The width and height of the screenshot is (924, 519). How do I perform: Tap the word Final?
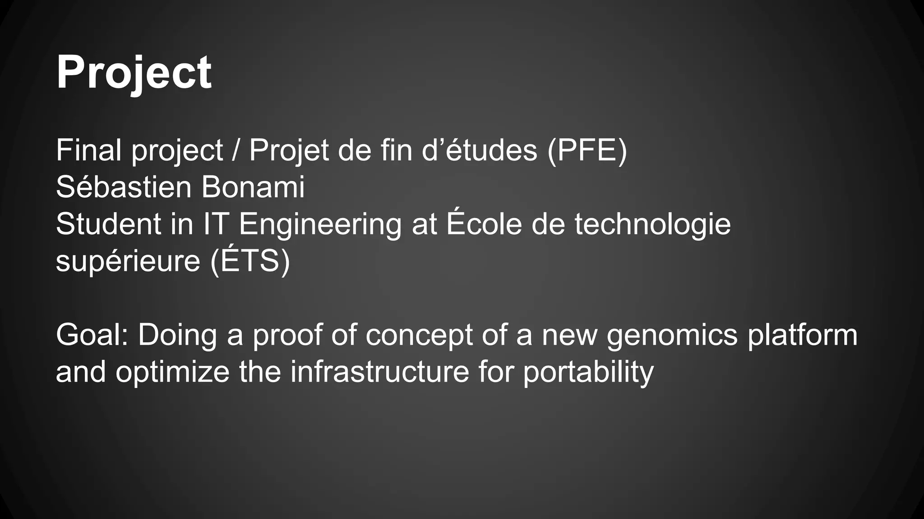(x=88, y=150)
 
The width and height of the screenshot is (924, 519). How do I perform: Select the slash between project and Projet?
(x=236, y=150)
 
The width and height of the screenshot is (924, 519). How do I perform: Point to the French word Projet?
(x=289, y=150)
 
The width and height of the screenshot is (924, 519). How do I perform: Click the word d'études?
(x=480, y=150)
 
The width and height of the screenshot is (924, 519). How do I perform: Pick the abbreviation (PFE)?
(x=587, y=150)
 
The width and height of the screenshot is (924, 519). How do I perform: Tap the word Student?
(x=108, y=224)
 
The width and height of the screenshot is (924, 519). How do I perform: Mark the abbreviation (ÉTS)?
(x=250, y=261)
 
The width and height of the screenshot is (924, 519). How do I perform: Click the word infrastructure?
(x=379, y=372)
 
